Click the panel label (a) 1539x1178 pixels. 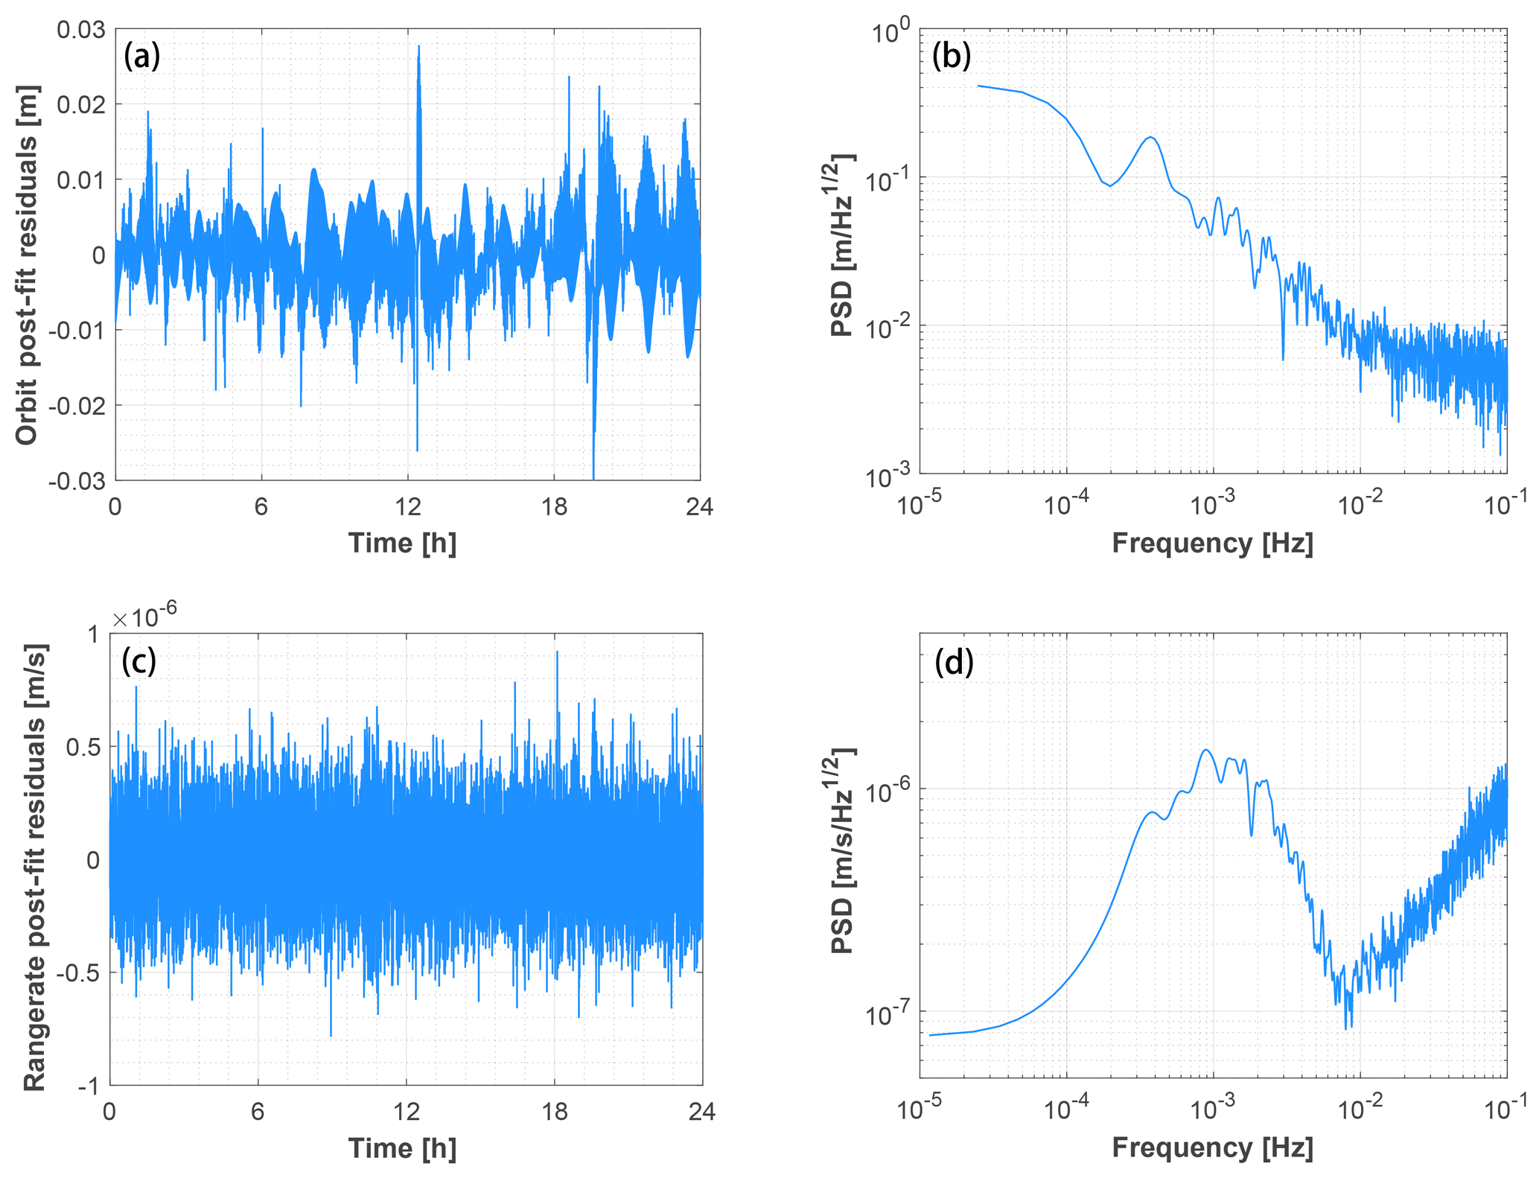tap(142, 56)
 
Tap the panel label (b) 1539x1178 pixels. tap(952, 56)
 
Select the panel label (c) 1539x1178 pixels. tap(139, 660)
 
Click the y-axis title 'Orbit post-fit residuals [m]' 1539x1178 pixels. tap(28, 265)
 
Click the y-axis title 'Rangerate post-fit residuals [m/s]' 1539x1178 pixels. tap(35, 867)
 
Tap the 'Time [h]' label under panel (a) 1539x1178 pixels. tap(402, 543)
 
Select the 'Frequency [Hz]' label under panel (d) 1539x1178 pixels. tap(1212, 1147)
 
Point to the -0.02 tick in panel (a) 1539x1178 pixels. tap(77, 406)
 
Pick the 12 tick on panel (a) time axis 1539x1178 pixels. tap(407, 507)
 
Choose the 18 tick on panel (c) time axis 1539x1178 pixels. tap(554, 1112)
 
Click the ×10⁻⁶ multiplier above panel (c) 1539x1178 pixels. tap(144, 617)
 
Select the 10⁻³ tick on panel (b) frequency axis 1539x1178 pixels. tap(1213, 506)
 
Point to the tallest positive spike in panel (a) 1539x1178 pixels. tap(419, 46)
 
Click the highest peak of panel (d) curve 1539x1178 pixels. tap(1205, 750)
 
